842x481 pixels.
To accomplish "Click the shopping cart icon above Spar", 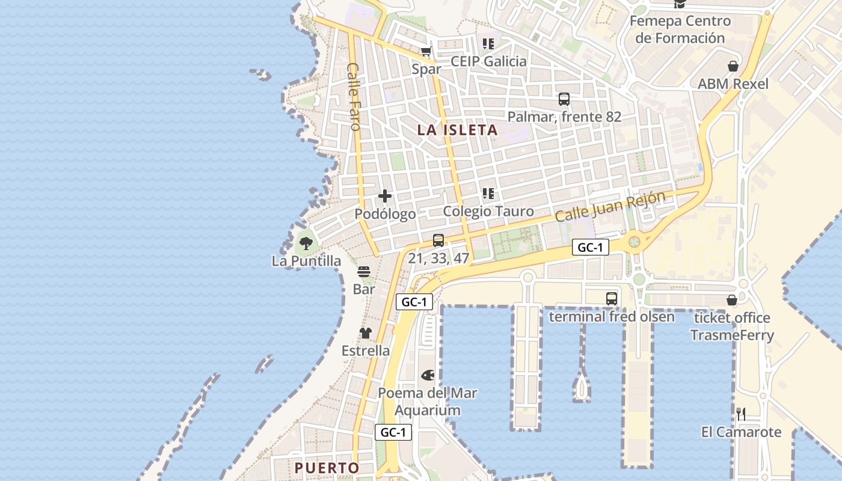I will coord(426,52).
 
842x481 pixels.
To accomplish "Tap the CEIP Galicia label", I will coord(488,61).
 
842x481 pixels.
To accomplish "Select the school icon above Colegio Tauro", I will coord(488,194).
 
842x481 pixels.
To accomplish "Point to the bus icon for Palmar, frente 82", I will coord(564,99).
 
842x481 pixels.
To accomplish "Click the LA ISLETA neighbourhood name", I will coord(458,130).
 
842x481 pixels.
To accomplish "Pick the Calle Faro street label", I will coord(354,96).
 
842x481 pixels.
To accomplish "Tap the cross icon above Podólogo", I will coord(385,196).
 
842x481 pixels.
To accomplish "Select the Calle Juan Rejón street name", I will coord(610,206).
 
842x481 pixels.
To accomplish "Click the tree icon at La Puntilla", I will coord(306,244).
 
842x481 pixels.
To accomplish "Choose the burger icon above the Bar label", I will coord(364,272).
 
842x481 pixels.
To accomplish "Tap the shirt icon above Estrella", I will coord(365,333).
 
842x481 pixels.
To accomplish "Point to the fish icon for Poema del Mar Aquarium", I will coord(428,375).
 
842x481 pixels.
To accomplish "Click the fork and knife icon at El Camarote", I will coord(741,414).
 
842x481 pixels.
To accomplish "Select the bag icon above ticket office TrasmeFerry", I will coord(732,300).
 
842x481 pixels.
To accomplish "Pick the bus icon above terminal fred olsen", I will coord(611,298).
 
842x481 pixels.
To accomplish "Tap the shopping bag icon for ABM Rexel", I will coord(733,66).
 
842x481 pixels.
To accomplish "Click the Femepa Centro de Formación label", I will coord(680,29).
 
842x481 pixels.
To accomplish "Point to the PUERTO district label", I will coord(327,468).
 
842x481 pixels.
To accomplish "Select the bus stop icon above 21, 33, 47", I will coord(438,240).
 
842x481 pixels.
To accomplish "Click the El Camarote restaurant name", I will coord(741,432).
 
